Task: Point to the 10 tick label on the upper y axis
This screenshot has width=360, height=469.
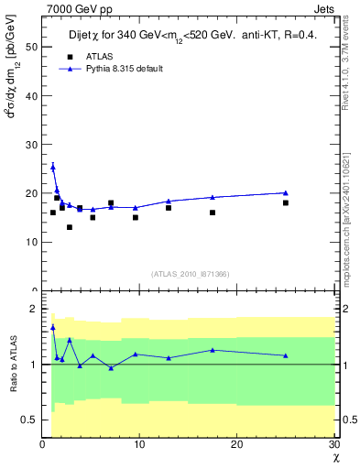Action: pos(32,242)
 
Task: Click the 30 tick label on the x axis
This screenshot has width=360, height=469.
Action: pos(334,445)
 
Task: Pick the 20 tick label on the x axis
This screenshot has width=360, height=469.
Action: pos(237,445)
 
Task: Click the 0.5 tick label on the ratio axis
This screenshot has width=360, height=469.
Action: pos(29,420)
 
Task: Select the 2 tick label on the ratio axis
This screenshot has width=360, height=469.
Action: pos(34,309)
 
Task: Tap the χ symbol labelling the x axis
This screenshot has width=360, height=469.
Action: pos(335,458)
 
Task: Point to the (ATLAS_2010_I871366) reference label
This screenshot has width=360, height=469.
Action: pos(190,274)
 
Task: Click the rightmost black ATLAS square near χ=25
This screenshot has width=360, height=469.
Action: pos(286,202)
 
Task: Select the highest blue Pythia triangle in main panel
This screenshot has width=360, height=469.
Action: pos(53,167)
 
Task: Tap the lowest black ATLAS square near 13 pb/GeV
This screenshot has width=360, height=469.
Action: pos(69,227)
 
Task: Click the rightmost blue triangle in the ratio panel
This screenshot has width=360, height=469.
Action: pos(286,355)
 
